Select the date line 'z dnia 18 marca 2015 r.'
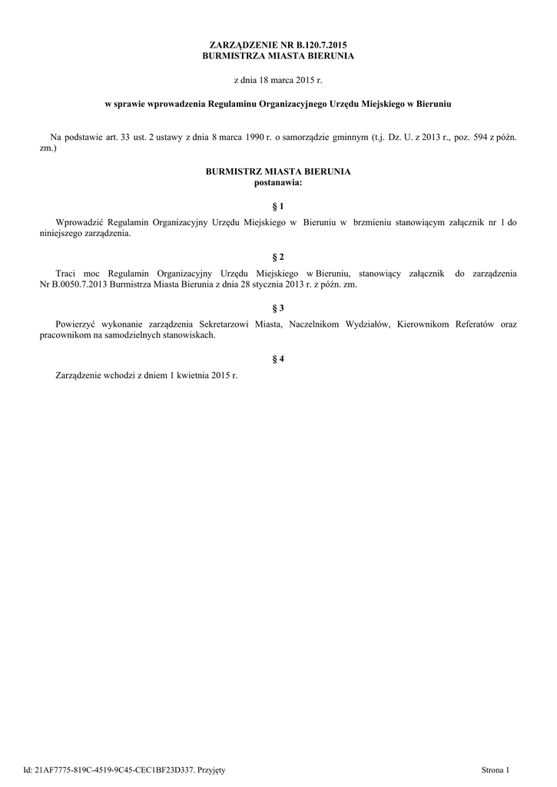tap(278, 79)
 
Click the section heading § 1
tap(278, 207)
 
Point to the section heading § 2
tap(278, 256)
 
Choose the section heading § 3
tap(278, 307)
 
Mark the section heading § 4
tap(278, 359)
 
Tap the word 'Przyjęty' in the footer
tap(211, 769)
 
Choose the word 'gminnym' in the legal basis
tap(344, 137)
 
